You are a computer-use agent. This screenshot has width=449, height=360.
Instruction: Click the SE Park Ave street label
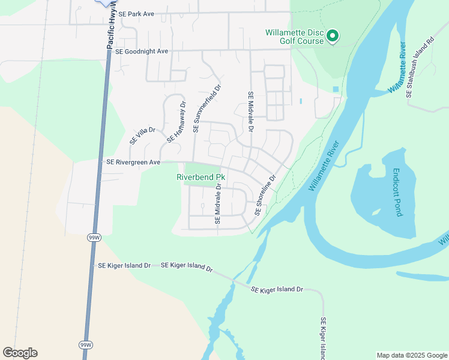136,13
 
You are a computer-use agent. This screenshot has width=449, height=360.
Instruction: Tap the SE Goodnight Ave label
141,52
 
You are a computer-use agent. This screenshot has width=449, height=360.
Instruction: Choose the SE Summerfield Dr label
208,109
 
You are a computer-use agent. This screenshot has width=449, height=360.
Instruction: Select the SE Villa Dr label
143,136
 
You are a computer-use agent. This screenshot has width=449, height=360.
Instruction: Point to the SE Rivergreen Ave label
133,162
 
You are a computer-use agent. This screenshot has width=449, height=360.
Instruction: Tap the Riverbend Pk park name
200,178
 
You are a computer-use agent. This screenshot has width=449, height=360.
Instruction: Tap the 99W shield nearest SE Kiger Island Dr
94,238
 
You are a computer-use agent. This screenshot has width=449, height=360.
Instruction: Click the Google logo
20,353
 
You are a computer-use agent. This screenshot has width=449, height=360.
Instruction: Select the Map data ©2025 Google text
411,355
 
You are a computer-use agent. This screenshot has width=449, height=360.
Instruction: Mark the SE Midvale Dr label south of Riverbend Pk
218,204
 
